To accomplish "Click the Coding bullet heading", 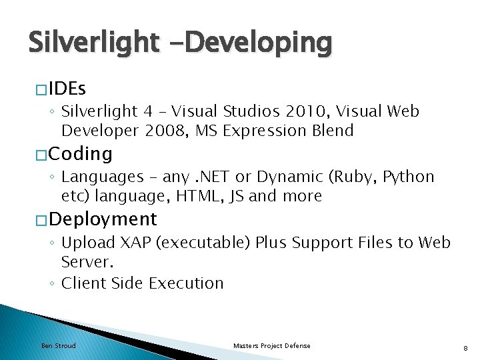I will [81, 154].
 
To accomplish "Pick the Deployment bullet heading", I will [103, 219].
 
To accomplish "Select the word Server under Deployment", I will [85, 262].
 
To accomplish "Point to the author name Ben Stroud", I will [59, 345].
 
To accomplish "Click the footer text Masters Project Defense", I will [272, 345].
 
